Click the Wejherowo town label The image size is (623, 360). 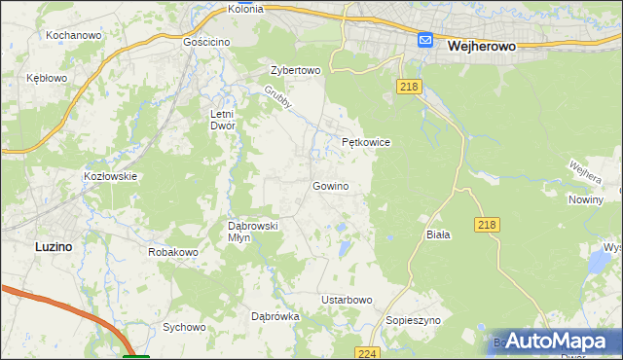pos(480,45)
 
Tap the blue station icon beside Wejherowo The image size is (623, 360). pos(425,40)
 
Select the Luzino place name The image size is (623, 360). pos(53,247)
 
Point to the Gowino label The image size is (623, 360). pos(330,186)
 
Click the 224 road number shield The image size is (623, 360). pos(366,353)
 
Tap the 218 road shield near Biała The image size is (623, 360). pos(489,225)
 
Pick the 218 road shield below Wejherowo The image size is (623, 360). pos(409,88)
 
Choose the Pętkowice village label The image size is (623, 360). pos(366,142)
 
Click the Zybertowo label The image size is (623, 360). pos(295,71)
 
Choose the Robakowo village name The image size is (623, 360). pos(173,252)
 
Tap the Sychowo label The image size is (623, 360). pos(184,327)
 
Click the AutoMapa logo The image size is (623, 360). pos(558,342)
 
